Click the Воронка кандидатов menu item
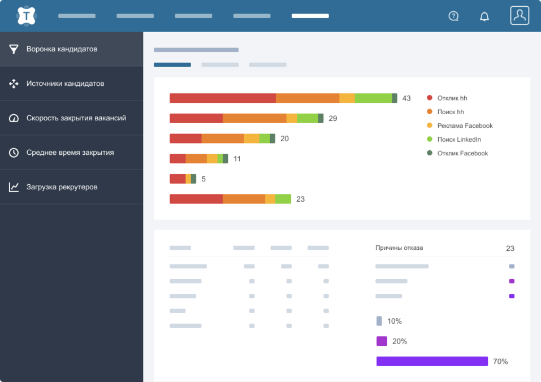62,49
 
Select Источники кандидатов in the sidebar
65,84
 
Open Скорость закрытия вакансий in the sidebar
76,118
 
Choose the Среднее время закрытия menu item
70,153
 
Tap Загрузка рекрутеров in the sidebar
62,187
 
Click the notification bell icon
484,16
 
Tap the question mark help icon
453,16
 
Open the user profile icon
520,15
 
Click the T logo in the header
26,16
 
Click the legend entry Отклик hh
452,98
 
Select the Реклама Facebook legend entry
465,125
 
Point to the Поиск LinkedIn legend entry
459,140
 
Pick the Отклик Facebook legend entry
462,153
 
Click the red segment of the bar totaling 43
223,98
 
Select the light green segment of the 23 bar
283,199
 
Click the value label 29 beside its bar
333,119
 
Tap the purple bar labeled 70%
432,361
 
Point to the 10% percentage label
395,321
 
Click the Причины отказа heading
399,248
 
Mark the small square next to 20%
382,341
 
